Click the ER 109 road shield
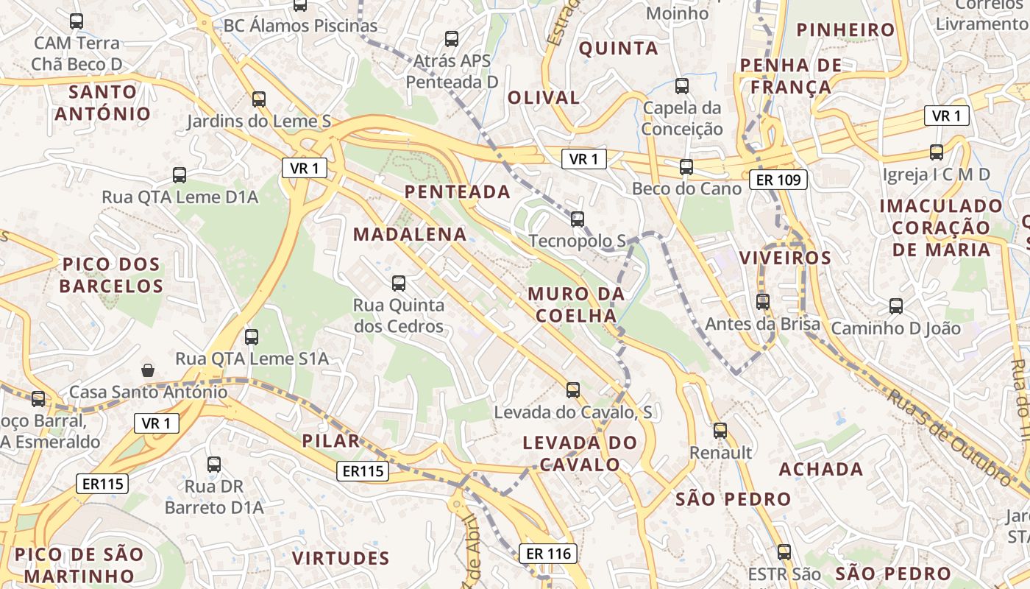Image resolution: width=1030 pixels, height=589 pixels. [779, 180]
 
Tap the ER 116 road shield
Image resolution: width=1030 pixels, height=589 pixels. [548, 554]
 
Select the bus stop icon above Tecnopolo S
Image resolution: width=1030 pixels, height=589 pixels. [578, 219]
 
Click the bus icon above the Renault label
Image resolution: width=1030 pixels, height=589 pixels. [720, 431]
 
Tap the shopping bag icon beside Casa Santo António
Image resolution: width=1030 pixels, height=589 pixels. [148, 370]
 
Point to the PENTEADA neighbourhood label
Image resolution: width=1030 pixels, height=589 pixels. [457, 192]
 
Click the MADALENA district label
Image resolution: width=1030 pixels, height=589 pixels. [410, 235]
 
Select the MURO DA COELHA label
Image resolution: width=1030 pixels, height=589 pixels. [576, 305]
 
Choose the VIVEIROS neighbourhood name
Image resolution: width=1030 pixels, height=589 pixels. [785, 258]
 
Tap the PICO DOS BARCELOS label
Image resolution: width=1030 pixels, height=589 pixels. [112, 275]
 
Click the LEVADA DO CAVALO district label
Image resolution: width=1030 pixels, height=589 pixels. [580, 454]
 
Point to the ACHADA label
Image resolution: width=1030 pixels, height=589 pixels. [821, 470]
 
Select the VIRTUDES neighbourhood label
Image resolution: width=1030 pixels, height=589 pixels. [341, 558]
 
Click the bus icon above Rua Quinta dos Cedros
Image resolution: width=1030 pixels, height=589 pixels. [399, 283]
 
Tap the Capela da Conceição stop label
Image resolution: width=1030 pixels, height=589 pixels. [682, 119]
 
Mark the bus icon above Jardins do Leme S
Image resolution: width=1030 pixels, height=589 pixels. [258, 99]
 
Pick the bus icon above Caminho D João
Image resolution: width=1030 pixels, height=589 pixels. [895, 306]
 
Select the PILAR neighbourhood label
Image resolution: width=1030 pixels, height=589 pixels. [331, 442]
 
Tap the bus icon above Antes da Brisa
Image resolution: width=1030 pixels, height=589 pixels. [763, 301]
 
